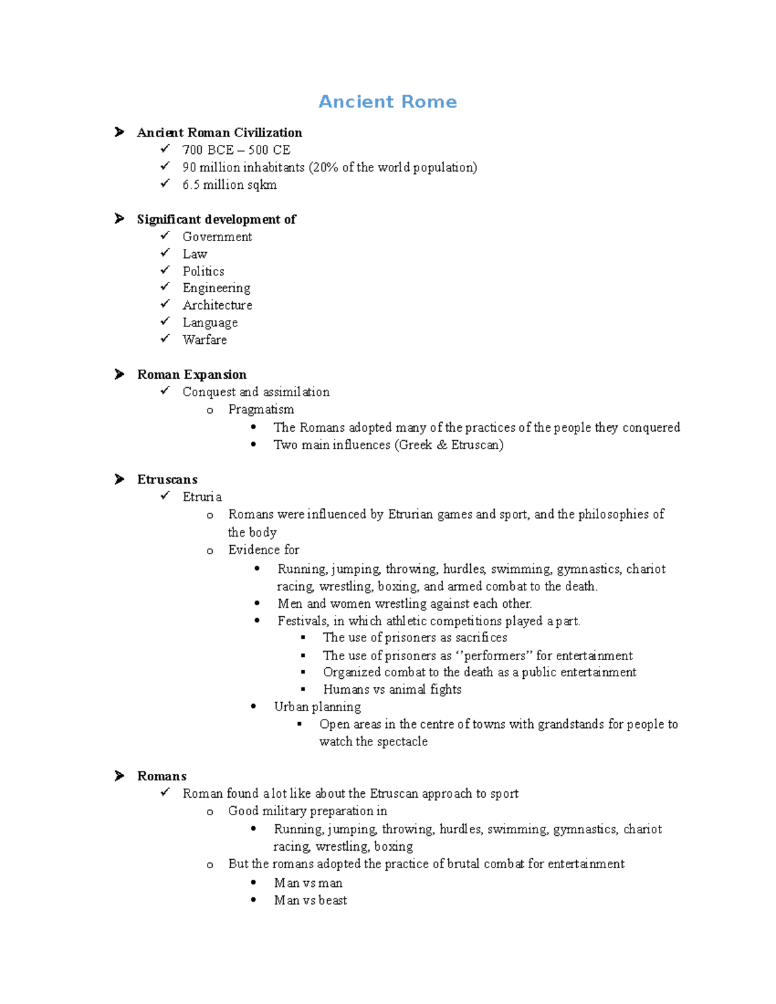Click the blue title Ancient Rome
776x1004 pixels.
(387, 102)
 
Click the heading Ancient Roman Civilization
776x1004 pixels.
(219, 133)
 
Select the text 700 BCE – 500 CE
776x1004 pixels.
(236, 150)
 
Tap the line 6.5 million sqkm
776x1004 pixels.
(229, 185)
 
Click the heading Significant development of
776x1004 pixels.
(216, 219)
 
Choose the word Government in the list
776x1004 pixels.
(217, 237)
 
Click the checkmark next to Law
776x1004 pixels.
(166, 253)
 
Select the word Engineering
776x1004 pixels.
(216, 288)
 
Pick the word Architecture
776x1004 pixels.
(217, 305)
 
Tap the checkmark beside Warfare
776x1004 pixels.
(166, 338)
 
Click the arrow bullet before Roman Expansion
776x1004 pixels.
(120, 374)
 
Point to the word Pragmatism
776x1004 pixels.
(261, 409)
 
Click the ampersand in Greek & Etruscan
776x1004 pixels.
(442, 445)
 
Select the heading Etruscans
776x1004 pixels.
(167, 479)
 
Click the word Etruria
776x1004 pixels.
(202, 497)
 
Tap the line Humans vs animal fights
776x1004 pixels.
(392, 689)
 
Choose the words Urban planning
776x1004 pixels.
(317, 707)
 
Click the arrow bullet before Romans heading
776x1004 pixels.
(120, 776)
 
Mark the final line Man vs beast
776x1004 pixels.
(310, 900)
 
